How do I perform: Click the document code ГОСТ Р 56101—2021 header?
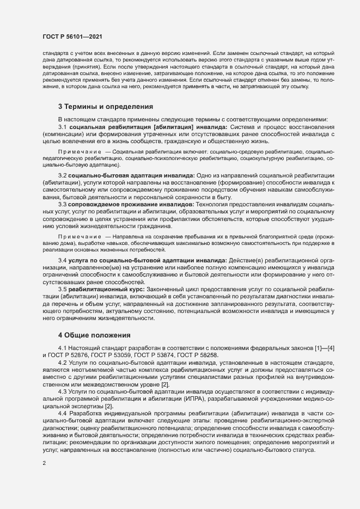pyautogui.click(x=73, y=36)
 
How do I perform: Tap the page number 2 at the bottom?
pyautogui.click(x=44, y=464)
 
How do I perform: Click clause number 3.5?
pyautogui.click(x=62, y=290)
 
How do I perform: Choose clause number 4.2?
pyautogui.click(x=62, y=363)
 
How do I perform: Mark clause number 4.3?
pyautogui.click(x=62, y=391)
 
